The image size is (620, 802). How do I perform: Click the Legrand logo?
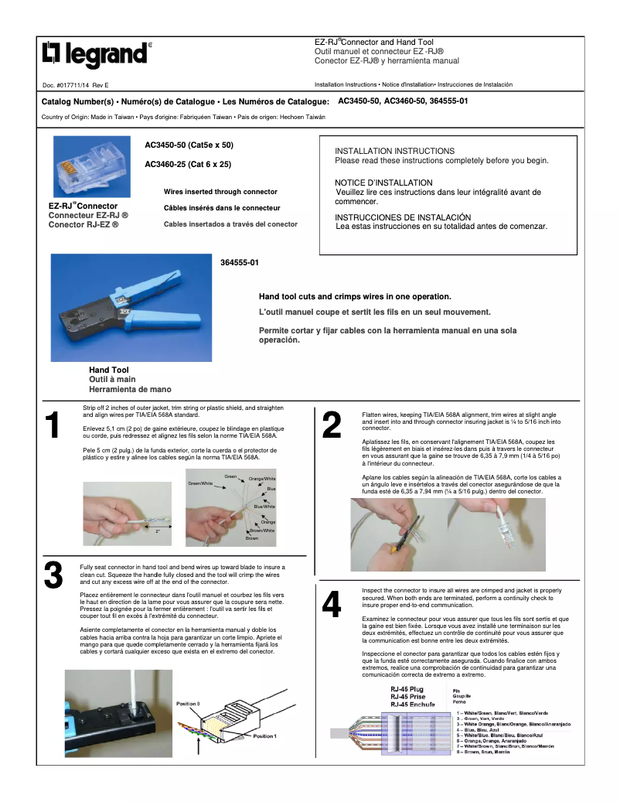(x=94, y=54)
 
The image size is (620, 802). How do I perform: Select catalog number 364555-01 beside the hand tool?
(x=239, y=263)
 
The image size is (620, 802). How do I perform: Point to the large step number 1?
(x=53, y=426)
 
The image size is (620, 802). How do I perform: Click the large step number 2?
(x=332, y=426)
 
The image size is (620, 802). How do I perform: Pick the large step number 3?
(x=53, y=575)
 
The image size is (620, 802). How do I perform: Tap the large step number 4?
(x=332, y=606)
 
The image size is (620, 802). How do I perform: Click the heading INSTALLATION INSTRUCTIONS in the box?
(x=394, y=151)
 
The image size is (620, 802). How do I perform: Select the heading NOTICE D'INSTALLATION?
(x=383, y=183)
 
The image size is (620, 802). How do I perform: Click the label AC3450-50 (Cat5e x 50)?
(x=189, y=145)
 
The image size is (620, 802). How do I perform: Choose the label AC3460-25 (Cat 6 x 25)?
(x=188, y=164)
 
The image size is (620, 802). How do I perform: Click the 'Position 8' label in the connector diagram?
(x=188, y=704)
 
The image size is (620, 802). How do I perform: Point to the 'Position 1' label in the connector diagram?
(x=264, y=736)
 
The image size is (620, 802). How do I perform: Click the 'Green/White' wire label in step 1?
(x=200, y=483)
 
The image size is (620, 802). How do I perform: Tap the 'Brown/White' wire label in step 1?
(x=261, y=531)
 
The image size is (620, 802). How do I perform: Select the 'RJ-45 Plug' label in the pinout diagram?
(x=407, y=688)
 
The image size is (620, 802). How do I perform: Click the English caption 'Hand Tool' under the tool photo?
(x=109, y=370)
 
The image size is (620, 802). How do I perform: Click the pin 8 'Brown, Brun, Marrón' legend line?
(x=485, y=752)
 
